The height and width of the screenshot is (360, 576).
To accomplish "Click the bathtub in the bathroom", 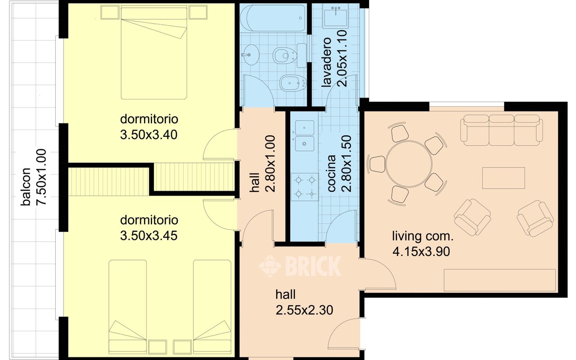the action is (x=273, y=18).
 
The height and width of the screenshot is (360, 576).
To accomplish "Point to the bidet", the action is (x=293, y=83).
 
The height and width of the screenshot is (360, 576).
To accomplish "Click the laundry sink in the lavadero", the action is (x=336, y=17).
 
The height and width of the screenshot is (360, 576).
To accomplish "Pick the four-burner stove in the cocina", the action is (x=305, y=187).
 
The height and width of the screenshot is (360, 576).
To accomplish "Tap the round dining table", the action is (x=409, y=164).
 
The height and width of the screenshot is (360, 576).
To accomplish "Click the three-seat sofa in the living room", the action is (x=501, y=130).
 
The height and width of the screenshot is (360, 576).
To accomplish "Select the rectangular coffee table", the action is (x=504, y=178).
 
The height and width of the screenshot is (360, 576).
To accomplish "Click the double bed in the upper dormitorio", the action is (x=154, y=53).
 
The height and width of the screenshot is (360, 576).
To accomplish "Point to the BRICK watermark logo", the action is (x=300, y=265).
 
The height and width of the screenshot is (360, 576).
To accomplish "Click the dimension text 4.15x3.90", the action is (x=421, y=252).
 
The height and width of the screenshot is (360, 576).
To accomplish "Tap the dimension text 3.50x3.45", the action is (x=148, y=235).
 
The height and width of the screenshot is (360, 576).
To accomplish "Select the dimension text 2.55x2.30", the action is (x=304, y=310).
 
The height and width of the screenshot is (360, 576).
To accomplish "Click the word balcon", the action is (x=26, y=187).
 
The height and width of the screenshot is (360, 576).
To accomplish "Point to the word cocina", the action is (x=332, y=173).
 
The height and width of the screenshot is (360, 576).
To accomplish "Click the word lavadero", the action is (x=326, y=62).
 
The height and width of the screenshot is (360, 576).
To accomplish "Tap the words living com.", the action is (x=423, y=236).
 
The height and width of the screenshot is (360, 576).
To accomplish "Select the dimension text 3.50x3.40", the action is (x=148, y=135).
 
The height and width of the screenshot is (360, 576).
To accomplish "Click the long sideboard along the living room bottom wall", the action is (x=499, y=280).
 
